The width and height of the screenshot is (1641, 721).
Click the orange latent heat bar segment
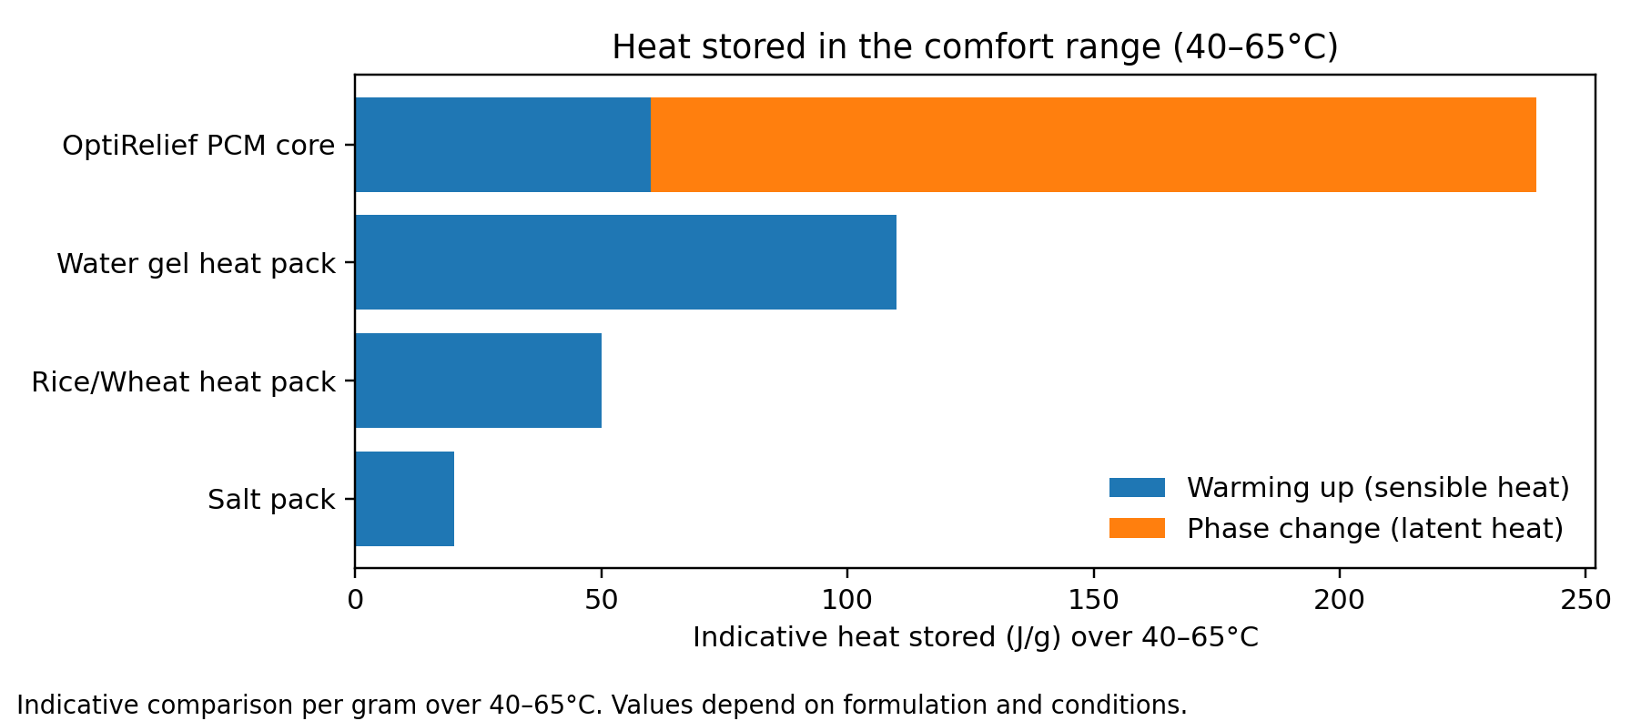pos(1092,145)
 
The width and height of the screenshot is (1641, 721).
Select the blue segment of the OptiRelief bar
pos(502,145)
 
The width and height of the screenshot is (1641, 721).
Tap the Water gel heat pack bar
pos(625,262)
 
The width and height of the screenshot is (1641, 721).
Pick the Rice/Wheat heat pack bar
pos(478,381)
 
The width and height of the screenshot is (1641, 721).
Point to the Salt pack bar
pos(404,499)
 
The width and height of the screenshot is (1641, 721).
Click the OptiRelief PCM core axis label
pos(198,146)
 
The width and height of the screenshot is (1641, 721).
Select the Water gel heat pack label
pos(196,264)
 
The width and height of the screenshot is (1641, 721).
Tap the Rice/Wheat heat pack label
pos(183,382)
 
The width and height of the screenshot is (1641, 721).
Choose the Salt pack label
pos(271,500)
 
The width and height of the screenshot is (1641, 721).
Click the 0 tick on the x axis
pos(355,600)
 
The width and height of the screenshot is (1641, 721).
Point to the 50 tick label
pos(601,600)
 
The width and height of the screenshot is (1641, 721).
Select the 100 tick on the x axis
pos(847,600)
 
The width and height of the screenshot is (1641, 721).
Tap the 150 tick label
pos(1093,600)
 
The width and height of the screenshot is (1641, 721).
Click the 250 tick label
pos(1585,600)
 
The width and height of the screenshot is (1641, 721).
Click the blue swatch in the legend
pos(1137,488)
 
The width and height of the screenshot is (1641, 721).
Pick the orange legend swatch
pos(1137,528)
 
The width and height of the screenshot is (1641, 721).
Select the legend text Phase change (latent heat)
pos(1374,529)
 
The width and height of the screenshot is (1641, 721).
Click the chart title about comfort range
pos(974,47)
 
